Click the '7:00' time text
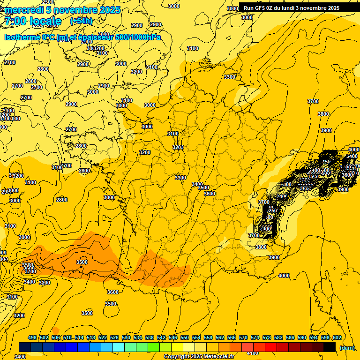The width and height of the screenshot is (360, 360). [15, 21]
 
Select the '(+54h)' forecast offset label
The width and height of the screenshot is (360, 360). [81, 21]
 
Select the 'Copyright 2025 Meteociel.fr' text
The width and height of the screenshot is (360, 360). [194, 357]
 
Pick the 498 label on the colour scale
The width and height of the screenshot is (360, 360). [32, 337]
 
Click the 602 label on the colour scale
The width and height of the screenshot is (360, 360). [337, 337]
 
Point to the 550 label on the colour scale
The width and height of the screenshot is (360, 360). [185, 337]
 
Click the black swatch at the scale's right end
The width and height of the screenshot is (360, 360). [330, 347]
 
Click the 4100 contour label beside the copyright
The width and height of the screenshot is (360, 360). [252, 353]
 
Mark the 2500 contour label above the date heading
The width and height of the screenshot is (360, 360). [48, 2]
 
